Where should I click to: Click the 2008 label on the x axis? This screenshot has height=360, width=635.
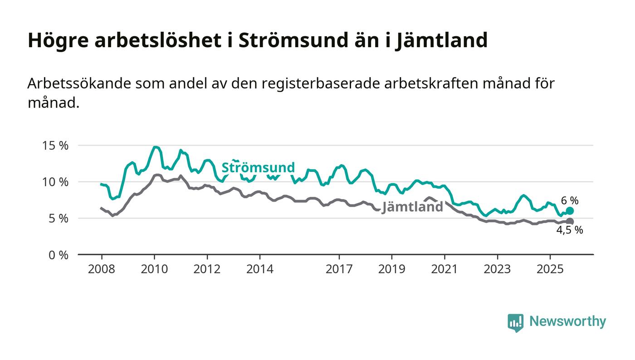(x=101, y=269)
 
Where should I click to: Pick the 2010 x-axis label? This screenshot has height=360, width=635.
(x=154, y=269)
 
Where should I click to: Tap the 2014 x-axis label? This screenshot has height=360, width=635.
(x=260, y=269)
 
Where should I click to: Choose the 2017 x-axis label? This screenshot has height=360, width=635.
(x=339, y=269)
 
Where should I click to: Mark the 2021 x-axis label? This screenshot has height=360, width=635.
(x=444, y=269)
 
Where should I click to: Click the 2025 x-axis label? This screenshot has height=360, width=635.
(x=550, y=269)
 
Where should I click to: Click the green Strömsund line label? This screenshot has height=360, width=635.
(x=258, y=167)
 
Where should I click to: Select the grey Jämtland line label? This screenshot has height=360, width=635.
(x=412, y=207)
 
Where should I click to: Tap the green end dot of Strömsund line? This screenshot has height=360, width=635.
(x=570, y=211)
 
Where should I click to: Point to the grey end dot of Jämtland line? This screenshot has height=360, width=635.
(x=570, y=221)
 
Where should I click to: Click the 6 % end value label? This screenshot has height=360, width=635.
(x=570, y=200)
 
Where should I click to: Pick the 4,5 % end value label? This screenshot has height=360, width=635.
(x=570, y=230)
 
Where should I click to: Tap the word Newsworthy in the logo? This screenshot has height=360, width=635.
(x=567, y=321)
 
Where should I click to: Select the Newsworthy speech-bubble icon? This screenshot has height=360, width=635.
(x=515, y=322)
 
